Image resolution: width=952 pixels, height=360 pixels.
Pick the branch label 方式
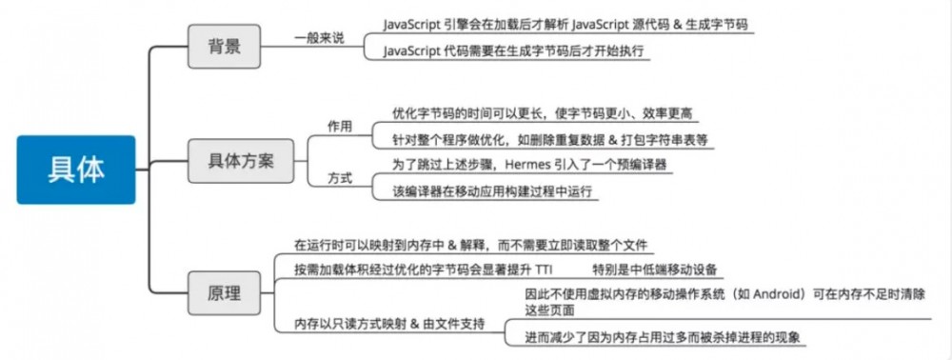click(x=340, y=178)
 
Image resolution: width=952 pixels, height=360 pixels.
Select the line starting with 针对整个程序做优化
click(x=551, y=139)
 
